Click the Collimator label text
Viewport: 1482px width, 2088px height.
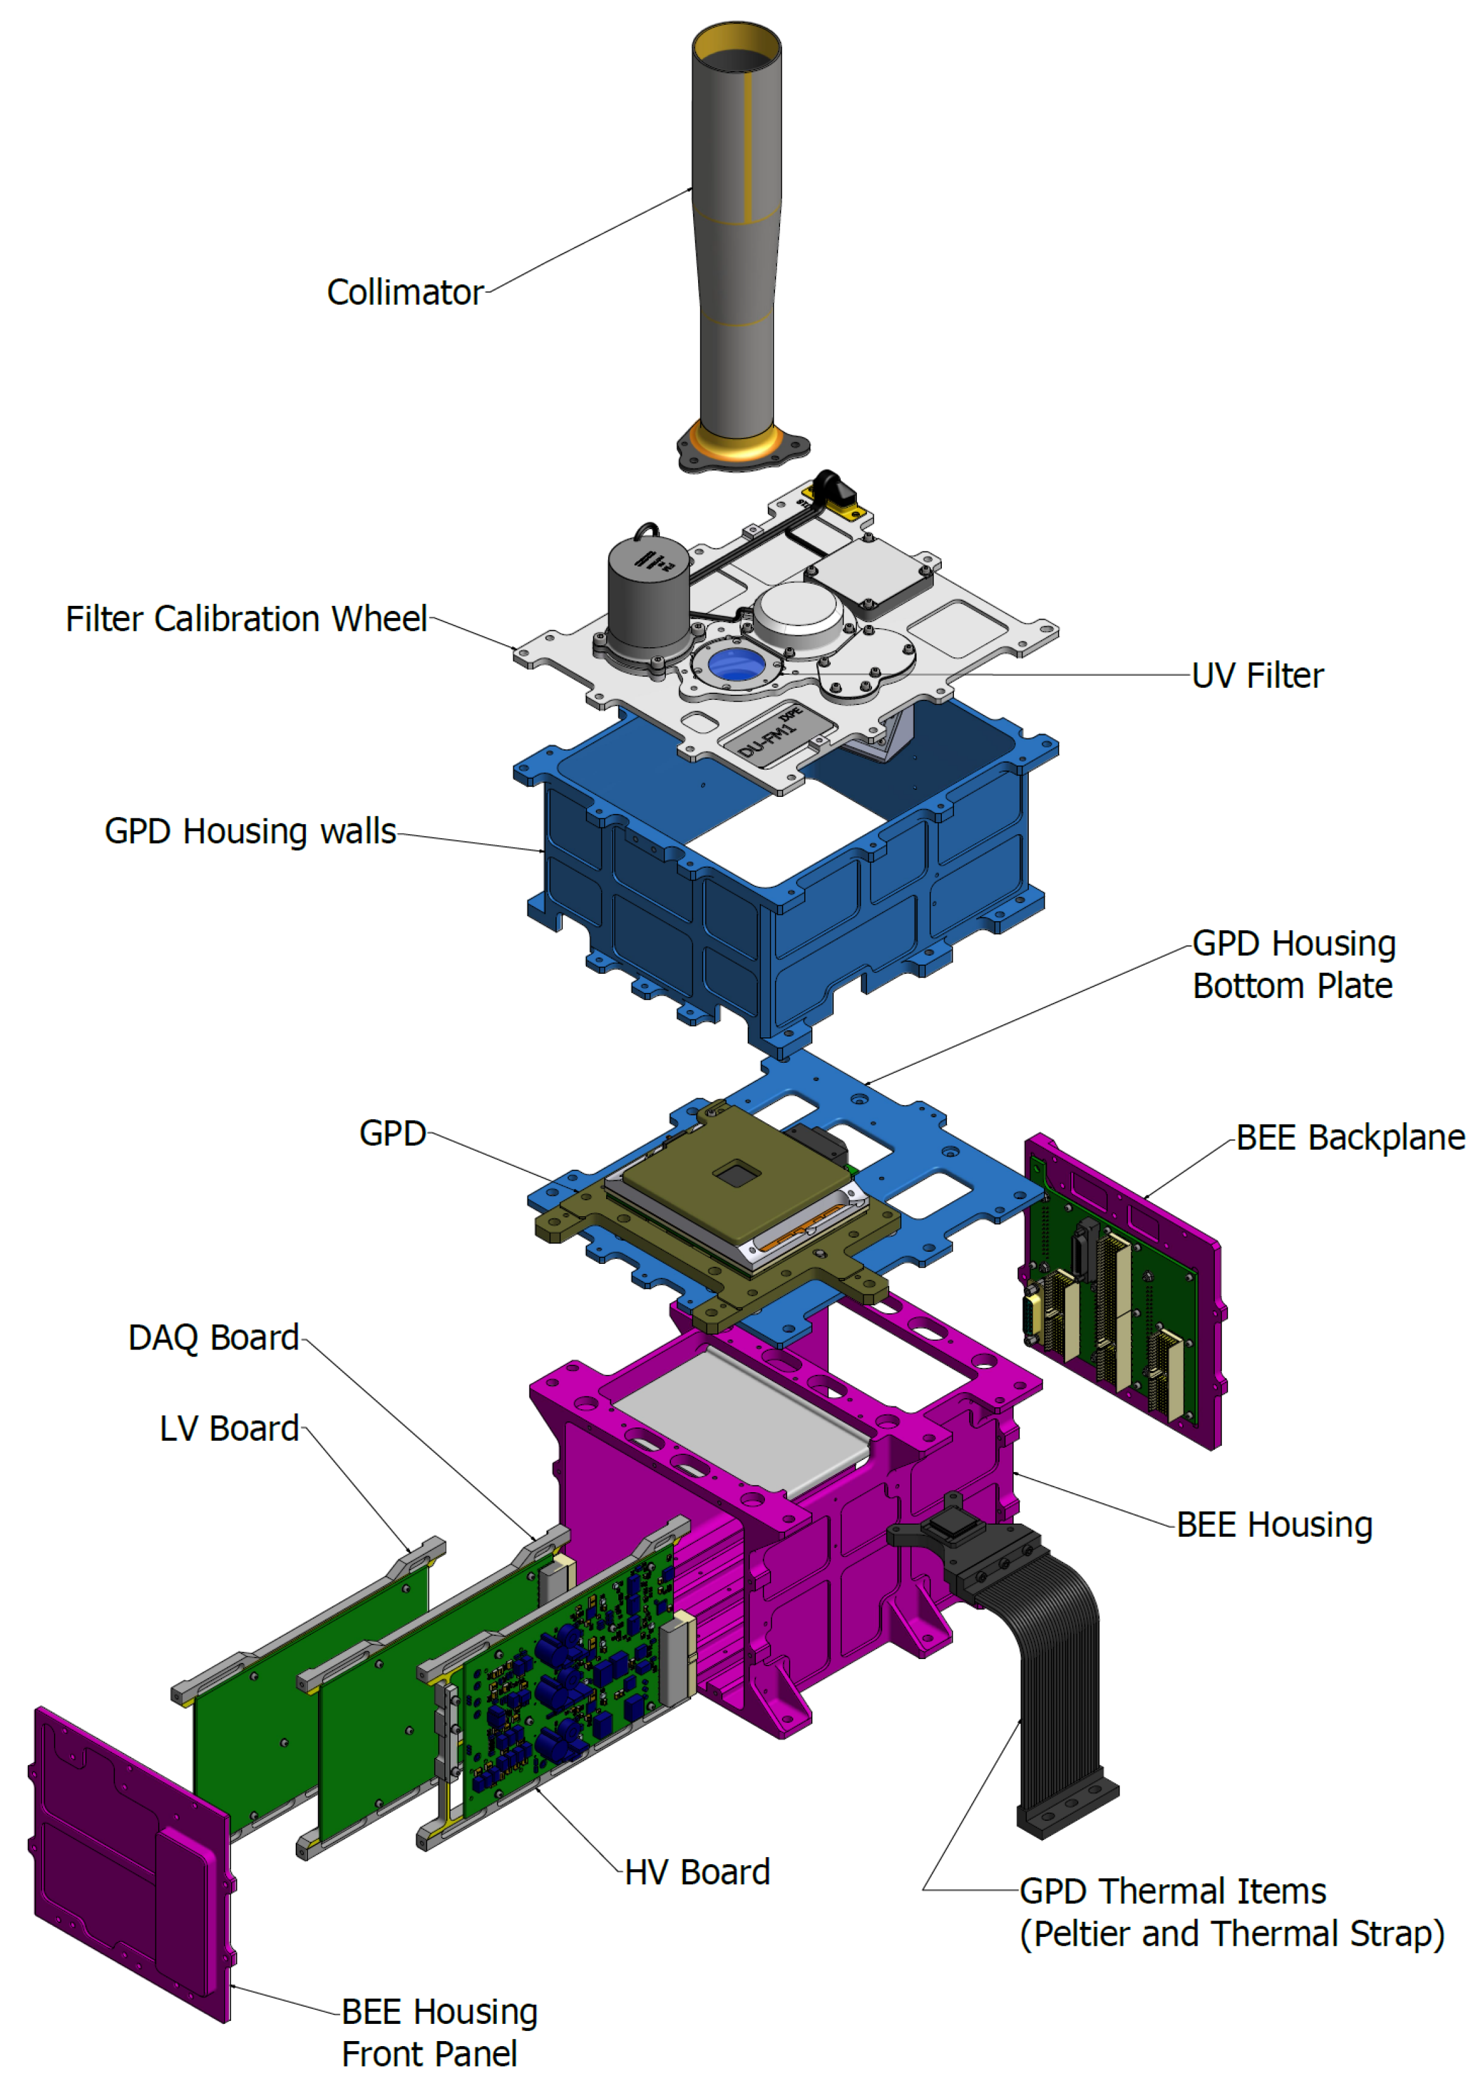(x=404, y=293)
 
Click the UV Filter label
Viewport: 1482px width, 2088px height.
(x=1257, y=676)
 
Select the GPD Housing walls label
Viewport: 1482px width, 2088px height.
(x=250, y=832)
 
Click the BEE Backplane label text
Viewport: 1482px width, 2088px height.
(x=1350, y=1138)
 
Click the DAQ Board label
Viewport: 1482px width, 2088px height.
(x=213, y=1338)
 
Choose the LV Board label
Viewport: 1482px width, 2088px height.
(x=229, y=1429)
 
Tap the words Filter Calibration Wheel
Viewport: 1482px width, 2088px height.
(x=246, y=619)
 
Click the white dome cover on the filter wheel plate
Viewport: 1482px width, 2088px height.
(x=798, y=609)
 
